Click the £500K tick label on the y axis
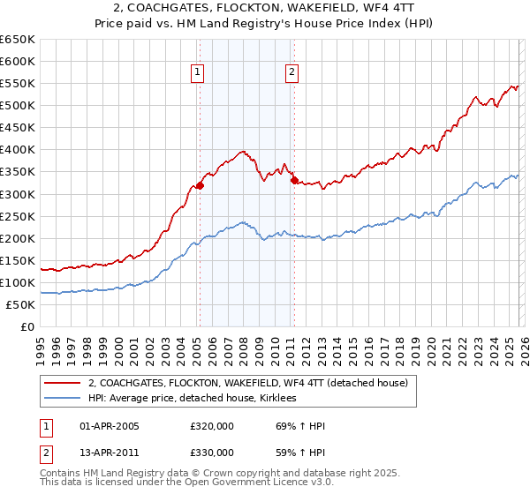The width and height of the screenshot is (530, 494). tap(18, 106)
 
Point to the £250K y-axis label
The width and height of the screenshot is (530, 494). tap(18, 216)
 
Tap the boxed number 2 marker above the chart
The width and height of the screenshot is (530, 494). tap(291, 73)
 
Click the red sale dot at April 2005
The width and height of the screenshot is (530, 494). tap(200, 185)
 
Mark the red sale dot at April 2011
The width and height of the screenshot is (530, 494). tap(293, 181)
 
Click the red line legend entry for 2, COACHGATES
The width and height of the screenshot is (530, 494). tap(247, 383)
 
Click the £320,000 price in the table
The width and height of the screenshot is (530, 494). tap(212, 426)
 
